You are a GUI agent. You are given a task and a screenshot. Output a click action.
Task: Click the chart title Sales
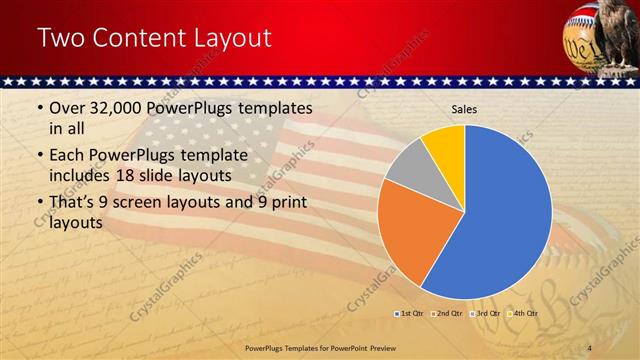[x=465, y=109]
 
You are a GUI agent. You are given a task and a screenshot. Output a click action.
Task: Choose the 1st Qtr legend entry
[x=409, y=314]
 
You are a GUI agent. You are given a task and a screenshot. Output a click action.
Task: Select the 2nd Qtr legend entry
[x=447, y=314]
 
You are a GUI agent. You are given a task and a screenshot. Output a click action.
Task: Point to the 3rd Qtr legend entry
[x=486, y=314]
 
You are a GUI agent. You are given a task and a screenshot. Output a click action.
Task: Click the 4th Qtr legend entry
[x=524, y=314]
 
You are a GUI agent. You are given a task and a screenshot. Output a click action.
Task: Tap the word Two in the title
[x=62, y=39]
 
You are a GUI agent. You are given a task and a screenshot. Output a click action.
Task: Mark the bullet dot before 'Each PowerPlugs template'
[x=39, y=156]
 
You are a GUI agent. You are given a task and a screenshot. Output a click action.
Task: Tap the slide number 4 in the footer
[x=590, y=346]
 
